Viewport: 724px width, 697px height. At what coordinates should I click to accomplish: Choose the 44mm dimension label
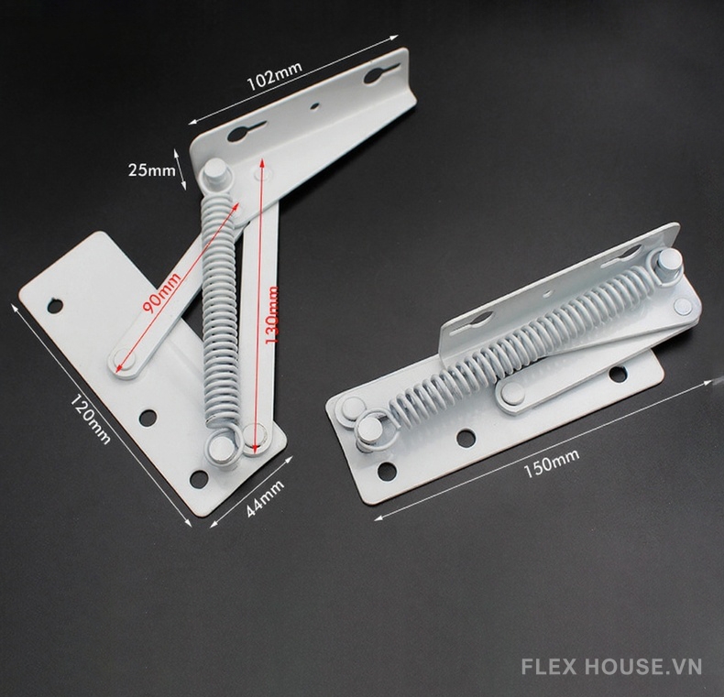265,499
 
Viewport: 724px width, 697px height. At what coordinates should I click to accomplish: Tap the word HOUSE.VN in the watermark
651,667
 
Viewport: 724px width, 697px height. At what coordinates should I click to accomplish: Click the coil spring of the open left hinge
217,311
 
